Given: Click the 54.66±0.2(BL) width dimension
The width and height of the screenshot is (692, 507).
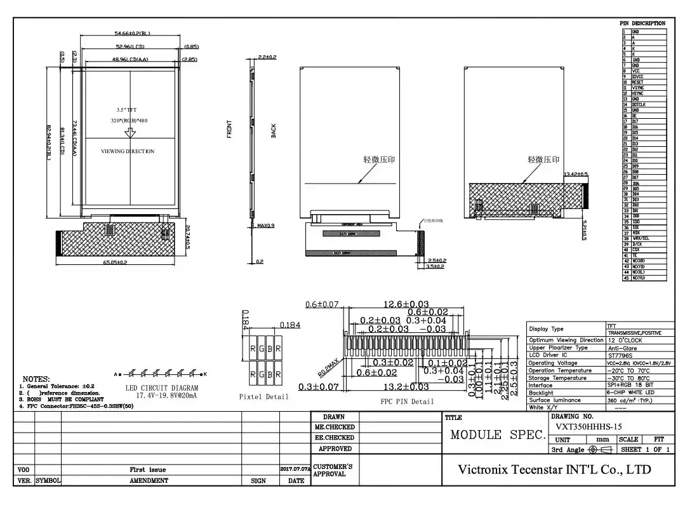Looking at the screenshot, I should [132, 33].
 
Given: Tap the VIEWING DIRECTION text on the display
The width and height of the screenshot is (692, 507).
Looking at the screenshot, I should [128, 151].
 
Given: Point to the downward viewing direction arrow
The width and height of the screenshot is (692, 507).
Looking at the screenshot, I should [130, 133].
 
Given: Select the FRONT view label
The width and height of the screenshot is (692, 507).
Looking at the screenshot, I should [229, 129].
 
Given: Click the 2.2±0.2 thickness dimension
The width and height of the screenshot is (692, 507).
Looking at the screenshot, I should [267, 57].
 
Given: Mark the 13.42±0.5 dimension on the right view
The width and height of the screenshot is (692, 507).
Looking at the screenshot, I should [576, 174].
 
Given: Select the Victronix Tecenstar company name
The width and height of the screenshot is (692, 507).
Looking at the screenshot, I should [554, 470].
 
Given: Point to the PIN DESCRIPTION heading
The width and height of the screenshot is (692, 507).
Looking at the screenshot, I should [642, 24].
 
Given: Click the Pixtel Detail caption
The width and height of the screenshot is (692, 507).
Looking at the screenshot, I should [263, 396].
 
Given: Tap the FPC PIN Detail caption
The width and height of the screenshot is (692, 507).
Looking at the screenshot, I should [407, 402].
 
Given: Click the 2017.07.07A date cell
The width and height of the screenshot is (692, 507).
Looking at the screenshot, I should [295, 469].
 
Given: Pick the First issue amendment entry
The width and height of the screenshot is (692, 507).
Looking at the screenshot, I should [149, 470].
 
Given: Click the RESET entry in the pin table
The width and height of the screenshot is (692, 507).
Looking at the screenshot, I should [637, 82].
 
